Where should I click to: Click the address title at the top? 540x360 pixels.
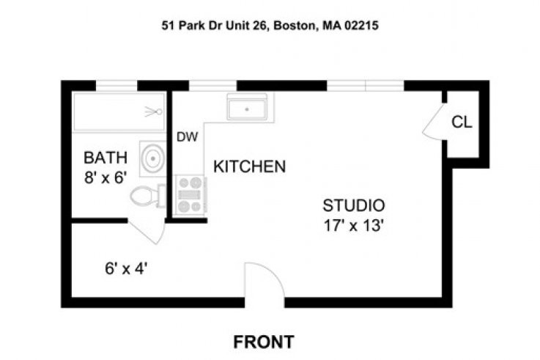[270, 26]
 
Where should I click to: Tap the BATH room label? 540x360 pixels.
[106, 158]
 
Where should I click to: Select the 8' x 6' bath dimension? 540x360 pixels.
[106, 177]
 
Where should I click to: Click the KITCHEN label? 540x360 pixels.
[249, 166]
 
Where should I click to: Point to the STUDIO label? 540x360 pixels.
[354, 205]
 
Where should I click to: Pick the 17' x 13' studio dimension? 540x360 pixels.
[354, 226]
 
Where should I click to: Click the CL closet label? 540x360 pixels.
[462, 122]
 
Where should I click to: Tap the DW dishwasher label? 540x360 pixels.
[187, 137]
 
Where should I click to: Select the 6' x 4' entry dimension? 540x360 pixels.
[126, 268]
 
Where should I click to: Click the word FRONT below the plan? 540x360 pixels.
[264, 342]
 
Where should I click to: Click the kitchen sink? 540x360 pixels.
[247, 107]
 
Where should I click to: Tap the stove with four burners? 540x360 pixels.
[191, 194]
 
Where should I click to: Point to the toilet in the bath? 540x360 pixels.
[148, 196]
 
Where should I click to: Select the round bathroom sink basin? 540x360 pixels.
[152, 158]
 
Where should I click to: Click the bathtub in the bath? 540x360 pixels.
[119, 111]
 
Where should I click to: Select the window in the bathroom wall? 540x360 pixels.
[116, 86]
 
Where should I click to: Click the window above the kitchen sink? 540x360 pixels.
[212, 86]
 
